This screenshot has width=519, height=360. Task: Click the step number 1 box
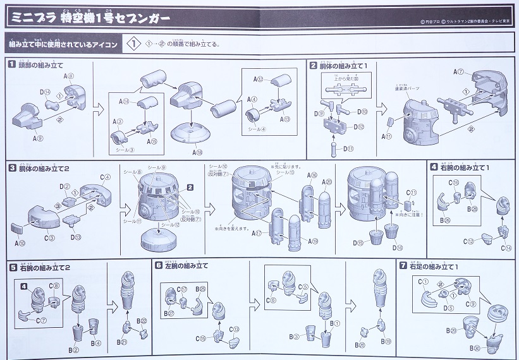(x=11, y=64)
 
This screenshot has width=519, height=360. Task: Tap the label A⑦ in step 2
(x=460, y=73)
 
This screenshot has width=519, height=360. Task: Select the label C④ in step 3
(x=105, y=177)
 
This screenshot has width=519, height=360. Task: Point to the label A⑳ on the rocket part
(x=326, y=183)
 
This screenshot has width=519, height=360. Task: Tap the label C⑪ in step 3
(x=412, y=192)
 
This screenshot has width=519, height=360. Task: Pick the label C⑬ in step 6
(x=235, y=330)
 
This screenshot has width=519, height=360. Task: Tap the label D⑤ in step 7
(x=449, y=308)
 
